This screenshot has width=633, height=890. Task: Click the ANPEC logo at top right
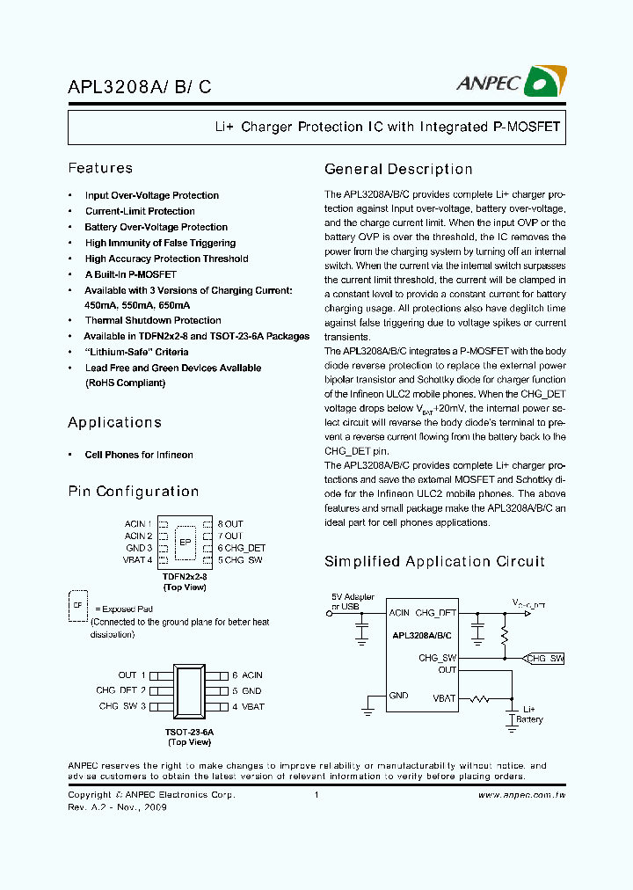[x=511, y=82]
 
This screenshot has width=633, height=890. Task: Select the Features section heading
[x=100, y=168]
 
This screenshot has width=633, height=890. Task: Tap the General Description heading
[x=398, y=169]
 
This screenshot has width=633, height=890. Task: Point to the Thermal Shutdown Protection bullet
[x=152, y=320]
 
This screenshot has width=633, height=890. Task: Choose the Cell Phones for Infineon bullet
[x=138, y=455]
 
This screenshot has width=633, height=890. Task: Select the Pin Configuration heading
[x=133, y=492]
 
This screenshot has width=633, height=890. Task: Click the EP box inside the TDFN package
[x=185, y=542]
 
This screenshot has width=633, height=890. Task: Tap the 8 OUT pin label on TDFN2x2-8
[x=230, y=524]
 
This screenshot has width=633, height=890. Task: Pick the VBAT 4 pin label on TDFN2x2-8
[x=138, y=559]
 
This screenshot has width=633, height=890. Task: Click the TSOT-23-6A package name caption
[x=189, y=732]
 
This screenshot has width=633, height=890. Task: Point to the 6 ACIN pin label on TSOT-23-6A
[x=247, y=675]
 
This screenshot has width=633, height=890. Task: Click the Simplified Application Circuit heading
[x=434, y=561]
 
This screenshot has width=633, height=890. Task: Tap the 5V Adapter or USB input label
[x=353, y=601]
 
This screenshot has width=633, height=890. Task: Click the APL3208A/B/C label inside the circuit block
[x=422, y=635]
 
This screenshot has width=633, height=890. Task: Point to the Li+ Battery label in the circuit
[x=529, y=714]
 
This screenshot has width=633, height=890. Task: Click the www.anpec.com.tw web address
[x=520, y=795]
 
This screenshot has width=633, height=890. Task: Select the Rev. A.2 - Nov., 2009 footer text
[x=117, y=807]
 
